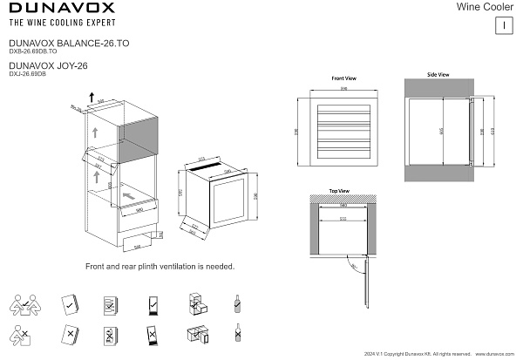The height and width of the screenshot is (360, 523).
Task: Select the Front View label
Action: pyautogui.click(x=344, y=78)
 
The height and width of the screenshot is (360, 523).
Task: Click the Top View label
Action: pyautogui.click(x=339, y=190)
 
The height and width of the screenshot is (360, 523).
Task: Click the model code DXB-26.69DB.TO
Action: pyautogui.click(x=32, y=51)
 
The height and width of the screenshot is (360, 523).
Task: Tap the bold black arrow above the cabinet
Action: pyautogui.click(x=92, y=92)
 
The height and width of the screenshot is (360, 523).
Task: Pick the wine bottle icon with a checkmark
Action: pyautogui.click(x=237, y=304)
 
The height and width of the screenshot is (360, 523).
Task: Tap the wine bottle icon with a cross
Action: pyautogui.click(x=237, y=334)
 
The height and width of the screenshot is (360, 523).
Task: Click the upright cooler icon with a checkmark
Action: pyautogui.click(x=152, y=305)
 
